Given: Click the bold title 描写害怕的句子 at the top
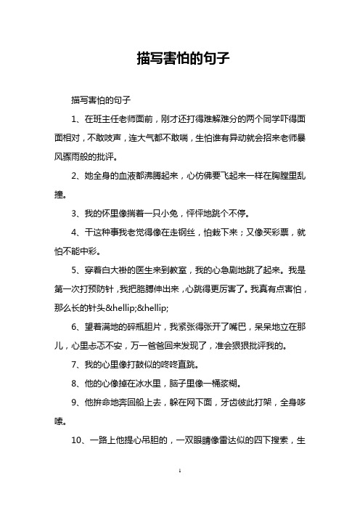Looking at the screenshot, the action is pyautogui.click(x=179, y=58).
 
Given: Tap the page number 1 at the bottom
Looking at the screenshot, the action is pyautogui.click(x=179, y=493).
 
